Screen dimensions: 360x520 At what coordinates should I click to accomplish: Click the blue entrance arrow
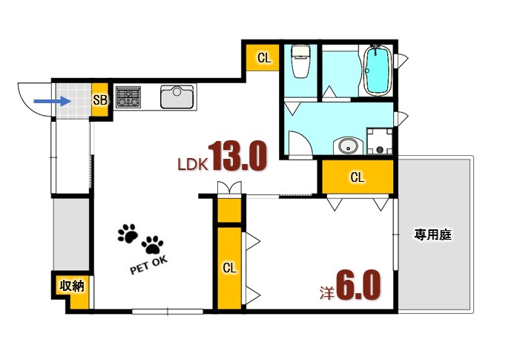[x=48, y=100]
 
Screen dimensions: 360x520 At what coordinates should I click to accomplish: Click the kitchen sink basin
[x=177, y=97]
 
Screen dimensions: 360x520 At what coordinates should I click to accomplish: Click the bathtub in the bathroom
[x=377, y=71]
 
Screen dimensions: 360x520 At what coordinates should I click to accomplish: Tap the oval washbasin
[x=346, y=146]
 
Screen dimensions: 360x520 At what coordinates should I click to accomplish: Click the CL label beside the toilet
[x=263, y=56]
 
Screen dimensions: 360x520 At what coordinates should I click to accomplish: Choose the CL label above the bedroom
[x=357, y=177]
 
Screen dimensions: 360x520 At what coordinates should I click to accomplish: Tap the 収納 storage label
[x=71, y=286]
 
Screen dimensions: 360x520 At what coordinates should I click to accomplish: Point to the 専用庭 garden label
[x=433, y=235]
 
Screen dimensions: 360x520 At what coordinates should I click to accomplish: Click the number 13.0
[x=237, y=157]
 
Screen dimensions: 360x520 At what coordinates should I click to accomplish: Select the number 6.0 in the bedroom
[x=358, y=284]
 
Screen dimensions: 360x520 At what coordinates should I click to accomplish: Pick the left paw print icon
[x=128, y=235]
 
